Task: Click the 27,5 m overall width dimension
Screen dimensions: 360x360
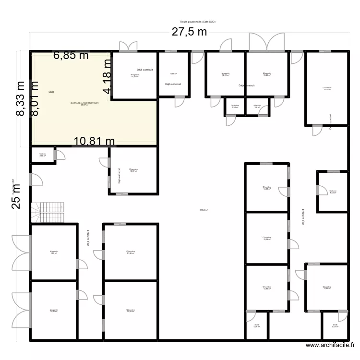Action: (x=190, y=33)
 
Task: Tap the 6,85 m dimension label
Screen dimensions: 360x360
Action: (x=71, y=56)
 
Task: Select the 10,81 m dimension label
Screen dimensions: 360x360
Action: (x=94, y=141)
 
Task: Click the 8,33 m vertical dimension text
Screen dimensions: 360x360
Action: (x=21, y=98)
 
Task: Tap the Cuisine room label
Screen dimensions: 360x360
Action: (x=333, y=192)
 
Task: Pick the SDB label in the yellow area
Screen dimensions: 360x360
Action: (x=51, y=92)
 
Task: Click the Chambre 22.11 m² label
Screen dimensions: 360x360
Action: (x=327, y=89)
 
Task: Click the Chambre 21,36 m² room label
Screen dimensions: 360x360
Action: (x=131, y=252)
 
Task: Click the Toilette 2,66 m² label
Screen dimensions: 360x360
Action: (x=43, y=155)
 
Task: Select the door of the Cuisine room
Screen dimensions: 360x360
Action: (x=318, y=191)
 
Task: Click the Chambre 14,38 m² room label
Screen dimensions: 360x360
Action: (x=267, y=188)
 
